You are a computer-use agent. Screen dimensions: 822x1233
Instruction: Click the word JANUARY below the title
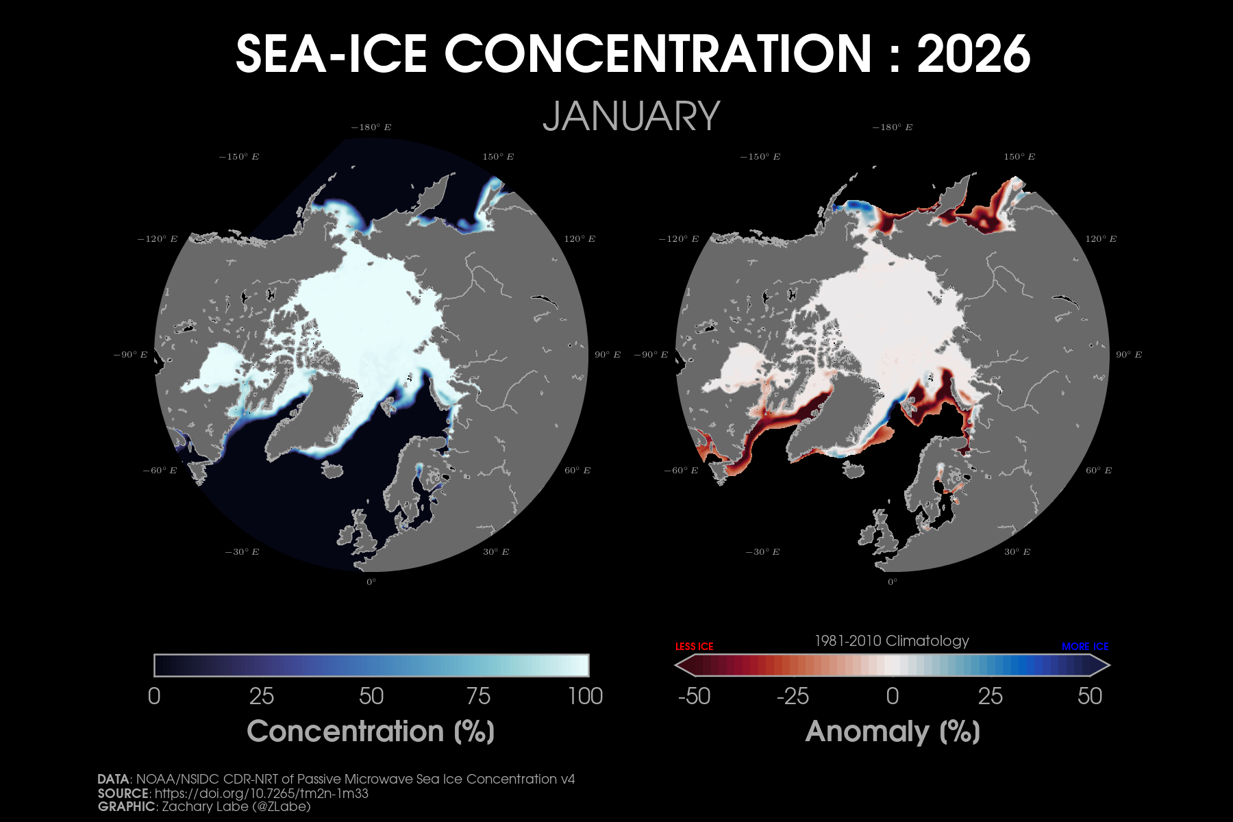click(631, 116)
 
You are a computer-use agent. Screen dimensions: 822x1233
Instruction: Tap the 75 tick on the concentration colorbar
click(478, 696)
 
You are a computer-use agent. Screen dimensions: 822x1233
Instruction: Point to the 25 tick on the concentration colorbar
click(262, 696)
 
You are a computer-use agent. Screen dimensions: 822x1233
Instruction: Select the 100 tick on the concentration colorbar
click(585, 696)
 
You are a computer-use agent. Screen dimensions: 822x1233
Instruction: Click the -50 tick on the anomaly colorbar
click(694, 696)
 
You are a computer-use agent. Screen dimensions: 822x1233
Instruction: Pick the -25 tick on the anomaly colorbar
click(793, 696)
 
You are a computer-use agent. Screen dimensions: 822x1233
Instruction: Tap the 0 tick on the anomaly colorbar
click(892, 696)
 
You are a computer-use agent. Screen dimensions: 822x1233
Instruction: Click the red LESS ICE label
click(694, 647)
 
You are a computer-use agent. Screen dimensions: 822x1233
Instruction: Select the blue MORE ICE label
click(1085, 647)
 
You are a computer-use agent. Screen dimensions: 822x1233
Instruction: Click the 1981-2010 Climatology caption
click(891, 641)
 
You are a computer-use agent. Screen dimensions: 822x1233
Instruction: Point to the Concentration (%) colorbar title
click(371, 732)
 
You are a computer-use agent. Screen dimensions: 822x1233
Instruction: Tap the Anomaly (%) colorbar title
click(893, 732)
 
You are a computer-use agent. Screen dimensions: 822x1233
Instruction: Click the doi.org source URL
click(262, 793)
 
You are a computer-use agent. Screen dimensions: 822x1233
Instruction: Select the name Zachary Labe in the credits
click(204, 807)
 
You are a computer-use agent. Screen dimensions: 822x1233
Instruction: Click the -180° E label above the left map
click(371, 127)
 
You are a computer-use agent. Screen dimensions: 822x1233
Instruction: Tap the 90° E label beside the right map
click(1128, 355)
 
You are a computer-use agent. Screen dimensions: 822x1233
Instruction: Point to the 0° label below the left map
click(371, 582)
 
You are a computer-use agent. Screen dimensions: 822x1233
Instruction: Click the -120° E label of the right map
click(678, 239)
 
